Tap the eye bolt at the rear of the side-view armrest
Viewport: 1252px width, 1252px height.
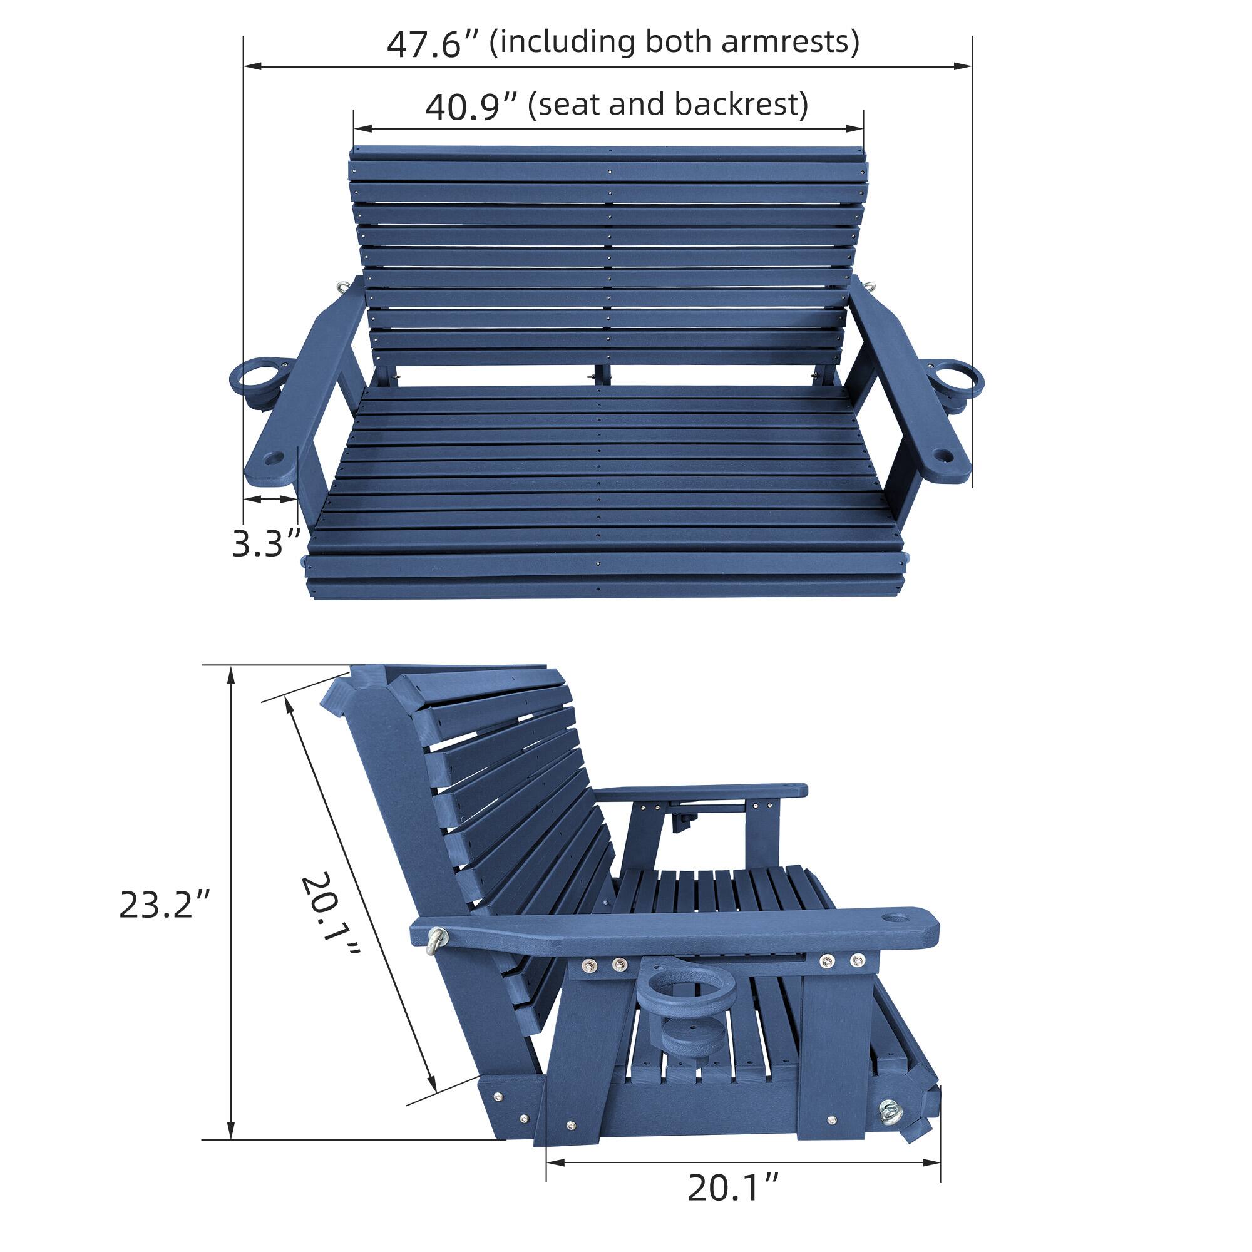coord(438,939)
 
